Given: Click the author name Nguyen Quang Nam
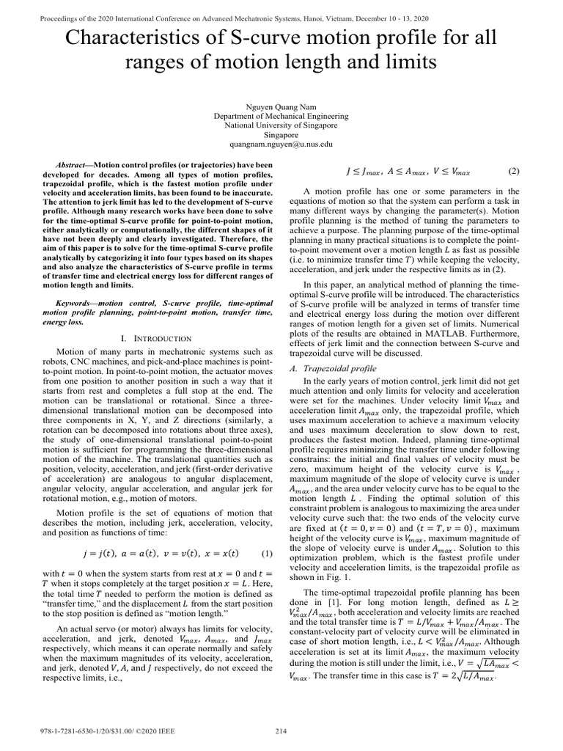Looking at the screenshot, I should tap(281, 106).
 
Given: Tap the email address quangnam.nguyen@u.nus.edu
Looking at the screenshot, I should tap(281, 145).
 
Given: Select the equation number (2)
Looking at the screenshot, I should tap(513, 172).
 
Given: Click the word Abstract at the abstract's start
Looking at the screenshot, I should tap(72, 166).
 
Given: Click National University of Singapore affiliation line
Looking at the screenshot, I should tap(281, 126).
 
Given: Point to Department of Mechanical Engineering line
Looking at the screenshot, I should tap(281, 116).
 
